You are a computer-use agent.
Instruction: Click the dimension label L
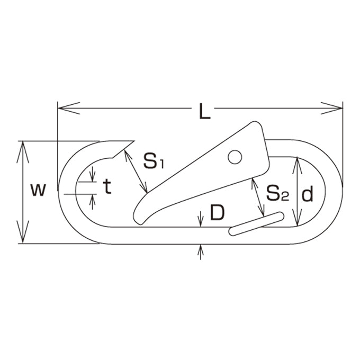tap(205, 111)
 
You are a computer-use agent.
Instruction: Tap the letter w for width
tap(38, 190)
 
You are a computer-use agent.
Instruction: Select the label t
tap(107, 186)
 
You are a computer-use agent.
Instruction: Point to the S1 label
tap(154, 161)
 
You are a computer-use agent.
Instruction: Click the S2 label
tap(277, 193)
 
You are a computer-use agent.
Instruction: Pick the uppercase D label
tap(217, 212)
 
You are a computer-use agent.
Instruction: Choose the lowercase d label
tap(307, 194)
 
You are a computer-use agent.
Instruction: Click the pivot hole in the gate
tap(235, 157)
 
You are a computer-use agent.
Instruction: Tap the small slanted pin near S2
tap(256, 223)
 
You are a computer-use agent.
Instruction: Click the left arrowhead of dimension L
tap(68, 108)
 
